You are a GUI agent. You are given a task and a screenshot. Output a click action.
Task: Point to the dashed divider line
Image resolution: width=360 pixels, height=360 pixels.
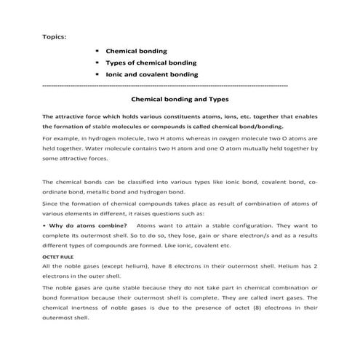pyautogui.click(x=167, y=86)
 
